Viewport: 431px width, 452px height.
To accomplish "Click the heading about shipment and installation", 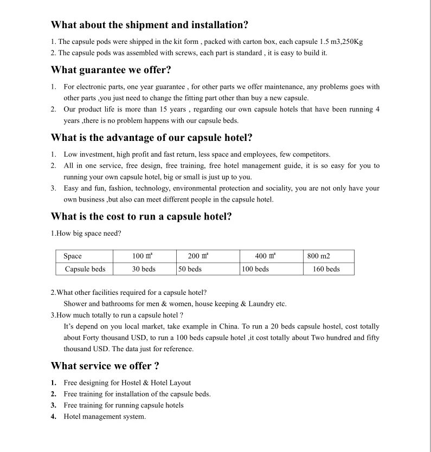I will [x=149, y=25].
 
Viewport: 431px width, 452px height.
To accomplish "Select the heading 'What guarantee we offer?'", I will [x=111, y=70].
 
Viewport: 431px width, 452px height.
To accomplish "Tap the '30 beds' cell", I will [x=144, y=269].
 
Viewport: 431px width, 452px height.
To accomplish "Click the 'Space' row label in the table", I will [x=73, y=256].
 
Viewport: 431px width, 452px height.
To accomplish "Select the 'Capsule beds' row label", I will [x=85, y=269].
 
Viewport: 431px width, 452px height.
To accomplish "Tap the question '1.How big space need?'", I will [x=86, y=234].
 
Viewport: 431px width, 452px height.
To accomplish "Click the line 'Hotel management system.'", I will [x=105, y=417].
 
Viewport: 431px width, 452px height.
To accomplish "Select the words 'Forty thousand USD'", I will [x=110, y=338].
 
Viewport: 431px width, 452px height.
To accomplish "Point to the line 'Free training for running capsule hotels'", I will [x=124, y=405].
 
